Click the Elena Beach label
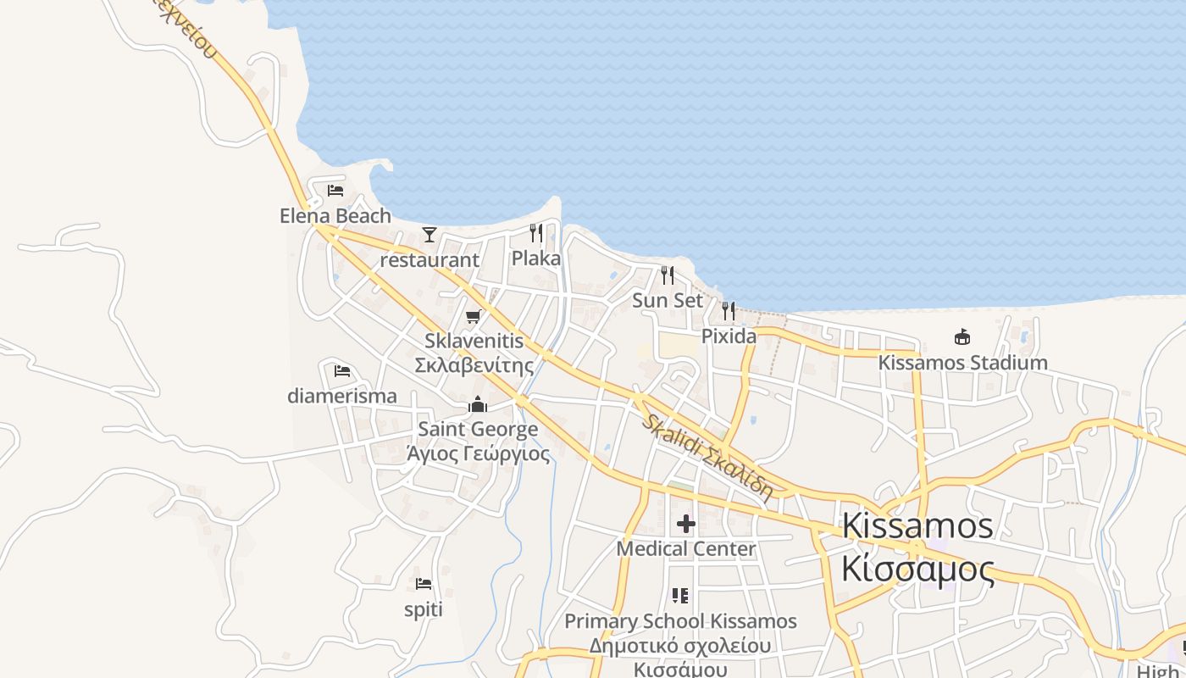pos(335,216)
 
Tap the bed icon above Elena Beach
pos(335,191)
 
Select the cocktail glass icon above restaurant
pos(430,235)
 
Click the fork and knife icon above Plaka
pos(536,232)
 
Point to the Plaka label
pos(536,258)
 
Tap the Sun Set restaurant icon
pos(668,275)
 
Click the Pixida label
pos(729,336)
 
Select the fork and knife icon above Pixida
pos(729,311)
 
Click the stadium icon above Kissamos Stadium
pos(962,337)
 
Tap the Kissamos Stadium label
pos(962,363)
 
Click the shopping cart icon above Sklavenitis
pos(474,317)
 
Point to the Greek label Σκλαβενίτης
pos(474,365)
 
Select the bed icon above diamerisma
pos(342,370)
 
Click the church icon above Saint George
pos(478,404)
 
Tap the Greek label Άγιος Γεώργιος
pos(478,453)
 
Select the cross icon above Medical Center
pos(686,524)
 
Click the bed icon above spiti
pos(424,584)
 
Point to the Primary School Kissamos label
pos(680,621)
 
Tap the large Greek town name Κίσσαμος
pos(917,570)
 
